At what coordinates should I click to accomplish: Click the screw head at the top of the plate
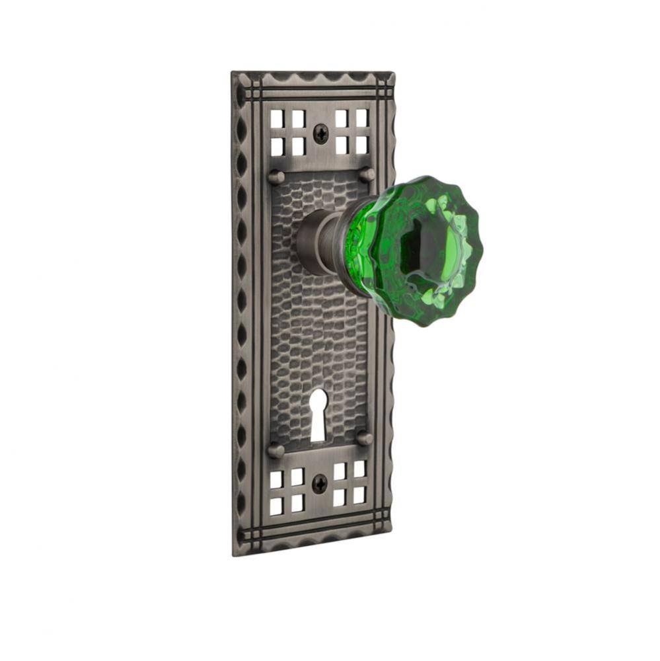pyautogui.click(x=320, y=134)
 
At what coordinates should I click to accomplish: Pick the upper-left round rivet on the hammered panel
pyautogui.click(x=276, y=177)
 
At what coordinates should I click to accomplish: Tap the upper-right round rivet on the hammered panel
pyautogui.click(x=367, y=175)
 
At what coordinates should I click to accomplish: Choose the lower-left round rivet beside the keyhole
pyautogui.click(x=275, y=450)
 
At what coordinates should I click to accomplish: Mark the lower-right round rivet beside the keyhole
pyautogui.click(x=364, y=438)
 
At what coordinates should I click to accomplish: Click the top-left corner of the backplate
pyautogui.click(x=233, y=73)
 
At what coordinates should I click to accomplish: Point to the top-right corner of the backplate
pyautogui.click(x=394, y=72)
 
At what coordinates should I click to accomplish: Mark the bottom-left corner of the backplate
pyautogui.click(x=235, y=554)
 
